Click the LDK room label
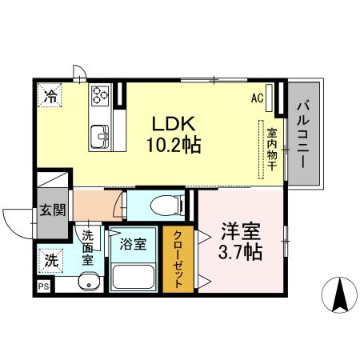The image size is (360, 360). [x=173, y=124]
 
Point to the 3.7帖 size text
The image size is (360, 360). [x=242, y=253]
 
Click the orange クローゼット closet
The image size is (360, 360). [x=178, y=260]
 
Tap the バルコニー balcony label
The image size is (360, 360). [x=304, y=132]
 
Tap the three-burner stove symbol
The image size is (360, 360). [x=102, y=95]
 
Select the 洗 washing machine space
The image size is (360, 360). [x=51, y=260]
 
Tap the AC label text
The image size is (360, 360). [x=258, y=98]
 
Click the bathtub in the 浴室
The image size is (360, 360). [x=133, y=276]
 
